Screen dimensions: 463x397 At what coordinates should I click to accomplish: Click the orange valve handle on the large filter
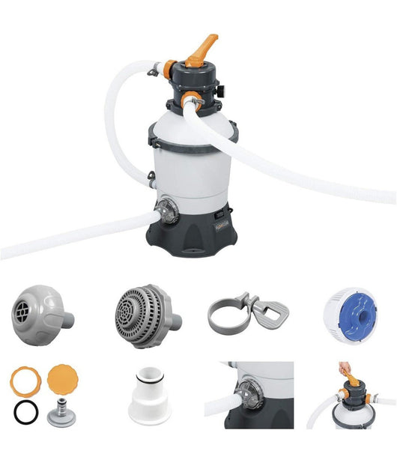(x=200, y=49)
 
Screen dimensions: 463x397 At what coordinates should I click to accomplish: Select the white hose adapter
(x=149, y=397)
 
